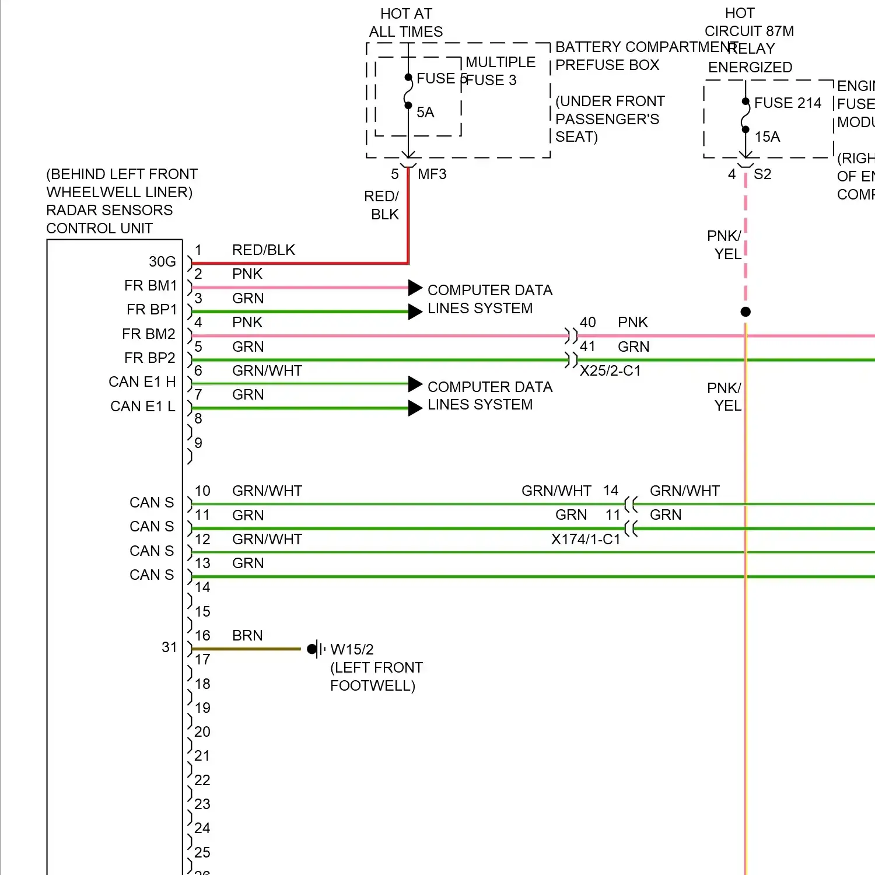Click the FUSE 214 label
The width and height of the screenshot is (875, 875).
pyautogui.click(x=787, y=103)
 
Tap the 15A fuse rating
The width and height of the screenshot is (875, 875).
pyautogui.click(x=767, y=137)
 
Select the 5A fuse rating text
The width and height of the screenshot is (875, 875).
pyautogui.click(x=425, y=113)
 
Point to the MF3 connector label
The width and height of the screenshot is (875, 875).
pyautogui.click(x=432, y=174)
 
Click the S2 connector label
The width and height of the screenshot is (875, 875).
pyautogui.click(x=762, y=174)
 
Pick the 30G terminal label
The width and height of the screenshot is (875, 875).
pyautogui.click(x=162, y=262)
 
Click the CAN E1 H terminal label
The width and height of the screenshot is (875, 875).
pyautogui.click(x=142, y=382)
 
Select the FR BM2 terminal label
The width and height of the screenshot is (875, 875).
pyautogui.click(x=148, y=334)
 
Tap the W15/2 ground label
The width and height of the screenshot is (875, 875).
pyautogui.click(x=352, y=650)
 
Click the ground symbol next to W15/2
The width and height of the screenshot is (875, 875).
pyautogui.click(x=316, y=649)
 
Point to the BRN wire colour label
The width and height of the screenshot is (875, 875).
pyautogui.click(x=247, y=636)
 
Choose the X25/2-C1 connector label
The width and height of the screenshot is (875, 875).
pyautogui.click(x=610, y=371)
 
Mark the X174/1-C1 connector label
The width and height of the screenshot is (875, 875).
pyautogui.click(x=586, y=540)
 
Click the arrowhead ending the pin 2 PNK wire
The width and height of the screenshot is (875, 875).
pyautogui.click(x=415, y=288)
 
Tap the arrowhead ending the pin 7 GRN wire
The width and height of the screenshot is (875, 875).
pyautogui.click(x=415, y=408)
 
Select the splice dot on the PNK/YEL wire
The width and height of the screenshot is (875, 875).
pyautogui.click(x=745, y=312)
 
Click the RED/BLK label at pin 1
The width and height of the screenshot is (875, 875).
pyautogui.click(x=264, y=250)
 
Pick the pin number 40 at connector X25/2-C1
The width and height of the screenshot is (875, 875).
pyautogui.click(x=587, y=323)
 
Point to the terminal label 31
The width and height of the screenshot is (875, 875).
pyautogui.click(x=169, y=647)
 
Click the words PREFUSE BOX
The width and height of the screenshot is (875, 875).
pyautogui.click(x=607, y=65)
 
